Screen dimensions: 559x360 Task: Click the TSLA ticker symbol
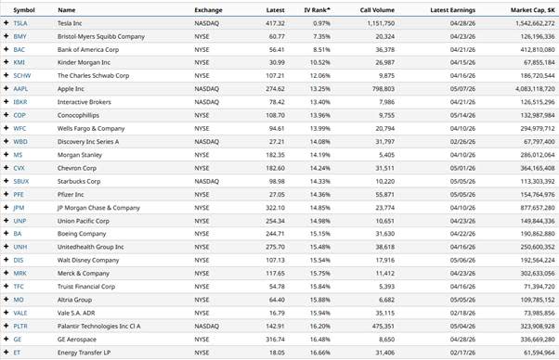[20, 23]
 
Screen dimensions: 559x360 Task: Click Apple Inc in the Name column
[72, 88]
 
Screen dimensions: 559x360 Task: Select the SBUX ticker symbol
[20, 182]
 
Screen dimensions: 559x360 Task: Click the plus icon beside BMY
[6, 36]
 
